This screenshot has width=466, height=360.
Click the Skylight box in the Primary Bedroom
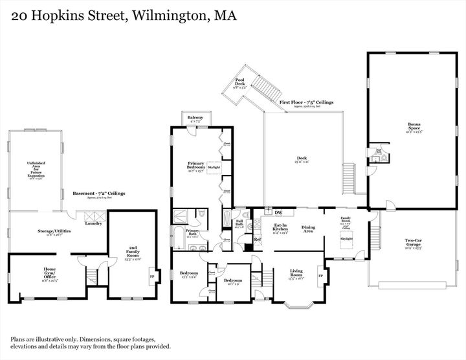click(x=214, y=167)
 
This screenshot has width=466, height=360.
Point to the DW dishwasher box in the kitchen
click(x=278, y=212)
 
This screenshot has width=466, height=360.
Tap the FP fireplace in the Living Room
click(x=320, y=276)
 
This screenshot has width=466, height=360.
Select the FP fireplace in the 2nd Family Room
click(x=151, y=277)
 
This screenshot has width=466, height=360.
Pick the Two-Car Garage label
click(x=413, y=245)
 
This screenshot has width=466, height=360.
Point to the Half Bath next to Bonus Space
click(x=379, y=154)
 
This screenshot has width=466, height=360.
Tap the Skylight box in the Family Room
click(x=346, y=239)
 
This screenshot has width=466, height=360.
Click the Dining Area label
click(x=308, y=229)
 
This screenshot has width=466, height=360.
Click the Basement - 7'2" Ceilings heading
click(x=98, y=193)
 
